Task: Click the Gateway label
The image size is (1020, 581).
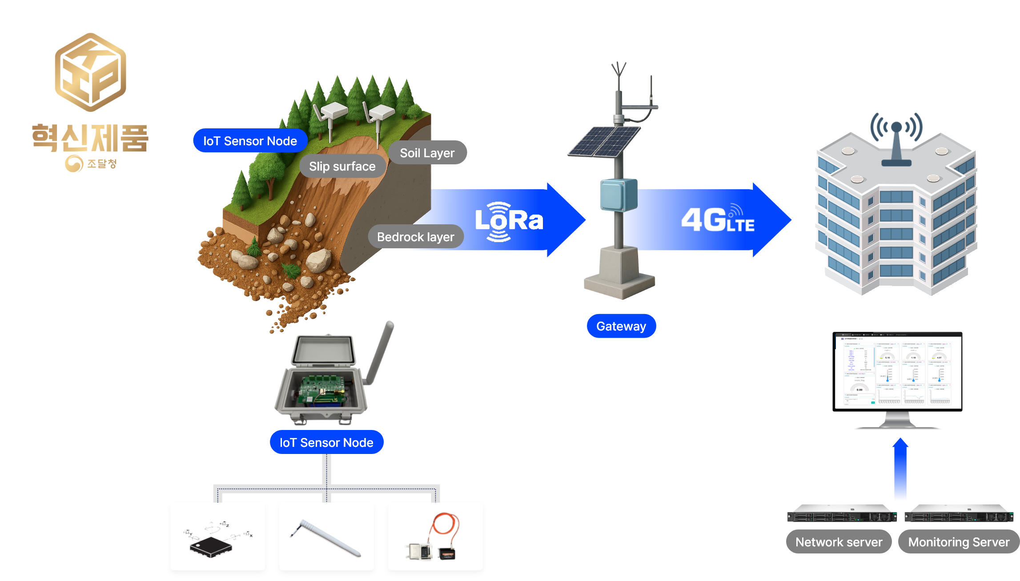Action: point(621,326)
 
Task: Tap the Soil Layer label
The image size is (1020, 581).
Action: point(427,153)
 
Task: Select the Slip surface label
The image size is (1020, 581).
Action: point(342,166)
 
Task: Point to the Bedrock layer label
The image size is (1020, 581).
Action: point(415,237)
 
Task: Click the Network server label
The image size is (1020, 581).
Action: point(839,542)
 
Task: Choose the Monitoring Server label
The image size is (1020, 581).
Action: point(959,542)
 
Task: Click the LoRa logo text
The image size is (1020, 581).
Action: point(509,221)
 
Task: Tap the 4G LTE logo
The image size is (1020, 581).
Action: point(717,219)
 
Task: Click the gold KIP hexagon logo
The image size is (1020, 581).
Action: point(90,72)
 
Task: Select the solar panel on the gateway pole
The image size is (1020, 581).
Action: point(605,141)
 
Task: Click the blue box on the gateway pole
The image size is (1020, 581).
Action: point(618,195)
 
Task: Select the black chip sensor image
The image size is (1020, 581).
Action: point(211,545)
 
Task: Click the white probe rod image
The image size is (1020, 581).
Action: point(327,537)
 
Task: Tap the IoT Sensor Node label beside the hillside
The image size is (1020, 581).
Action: point(250,141)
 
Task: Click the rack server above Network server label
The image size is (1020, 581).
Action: point(841,515)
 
